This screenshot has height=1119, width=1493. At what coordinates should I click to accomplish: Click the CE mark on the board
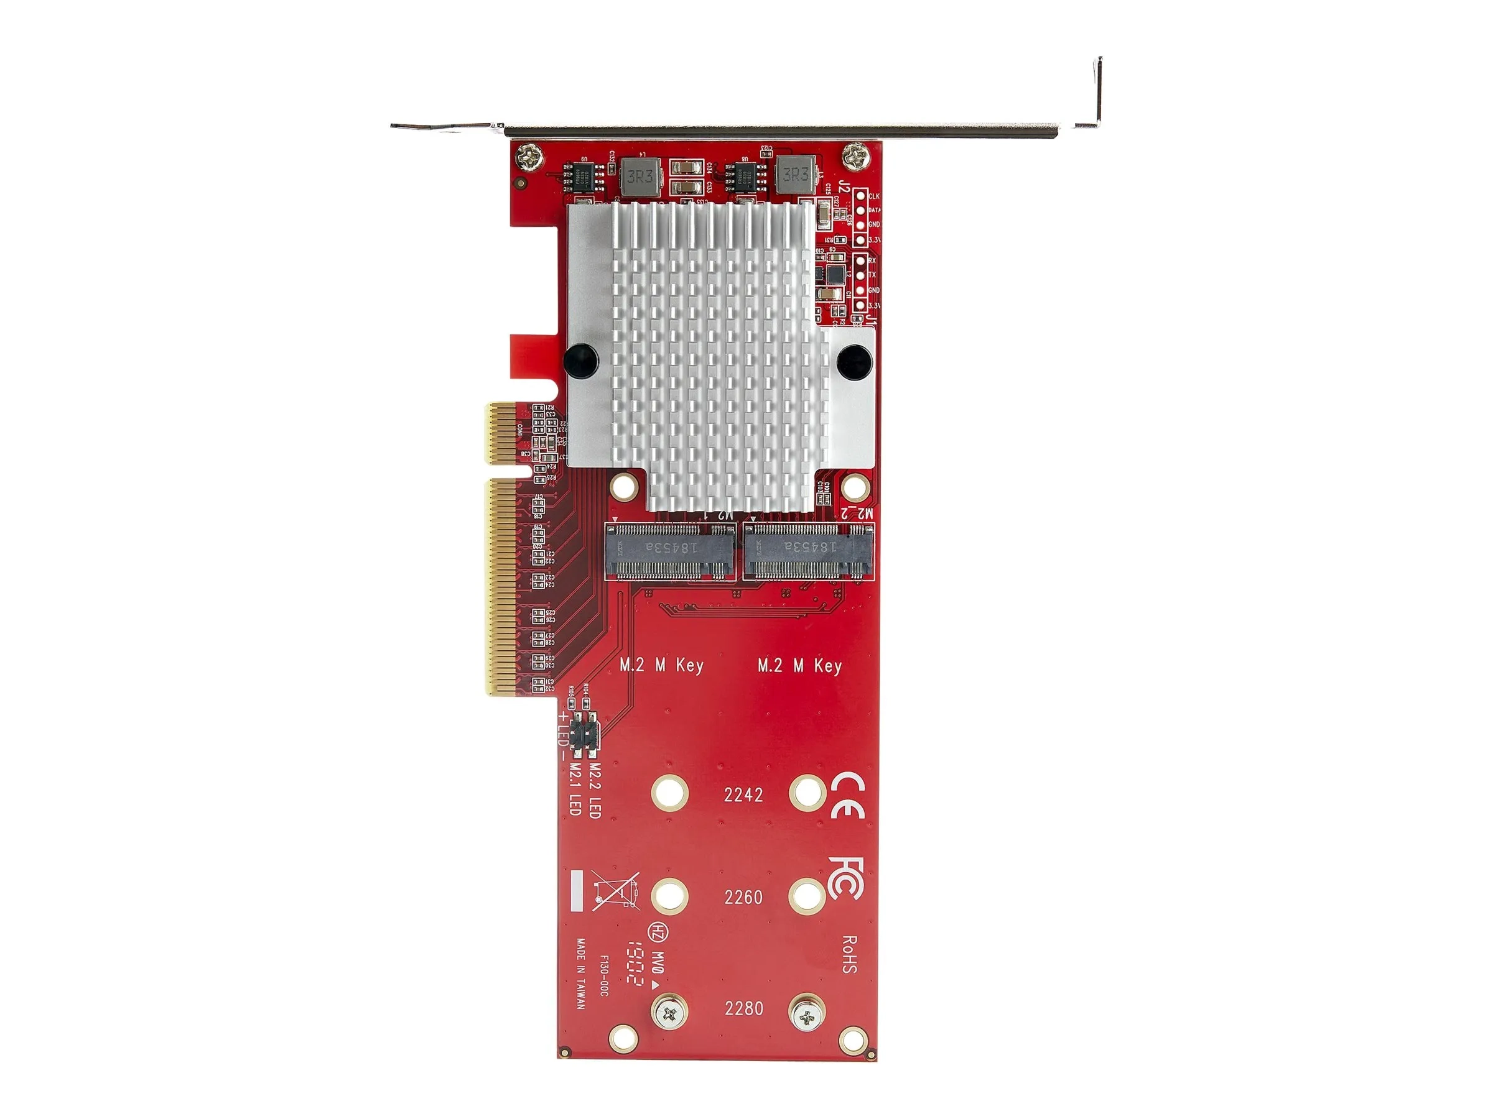coord(847,795)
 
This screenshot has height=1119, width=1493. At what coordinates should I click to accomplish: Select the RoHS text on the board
coord(850,954)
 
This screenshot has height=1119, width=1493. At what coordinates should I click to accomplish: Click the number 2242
coord(743,795)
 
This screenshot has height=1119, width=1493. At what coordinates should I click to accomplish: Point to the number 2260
coord(743,898)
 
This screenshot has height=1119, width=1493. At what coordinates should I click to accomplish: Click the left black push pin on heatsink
coord(581,359)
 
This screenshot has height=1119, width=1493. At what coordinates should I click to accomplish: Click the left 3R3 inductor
coord(639,177)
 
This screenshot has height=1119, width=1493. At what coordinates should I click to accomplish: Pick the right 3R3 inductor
coord(795,175)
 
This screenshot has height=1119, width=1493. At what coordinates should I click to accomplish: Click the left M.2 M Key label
coord(661,666)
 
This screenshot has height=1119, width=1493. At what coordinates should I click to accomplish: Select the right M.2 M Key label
coord(799,666)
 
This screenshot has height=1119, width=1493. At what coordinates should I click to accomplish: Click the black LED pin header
coord(585,732)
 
